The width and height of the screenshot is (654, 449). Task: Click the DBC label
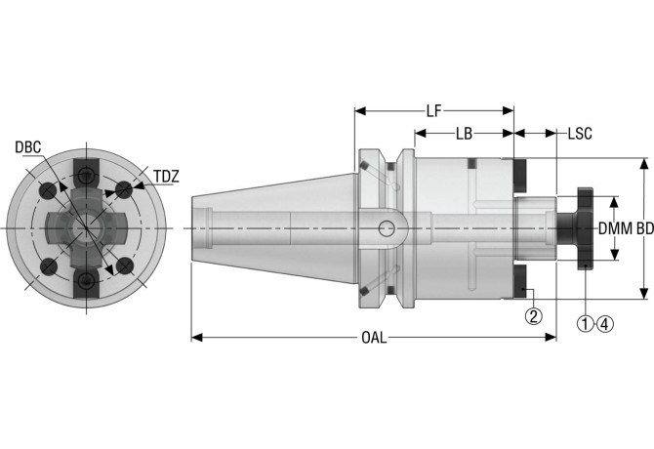click(28, 147)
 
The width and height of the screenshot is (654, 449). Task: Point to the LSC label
click(580, 133)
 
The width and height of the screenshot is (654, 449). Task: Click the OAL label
click(374, 338)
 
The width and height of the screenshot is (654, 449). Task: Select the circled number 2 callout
click(533, 316)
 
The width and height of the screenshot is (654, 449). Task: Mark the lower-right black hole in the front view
click(124, 265)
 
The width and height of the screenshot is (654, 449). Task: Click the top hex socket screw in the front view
click(88, 175)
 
